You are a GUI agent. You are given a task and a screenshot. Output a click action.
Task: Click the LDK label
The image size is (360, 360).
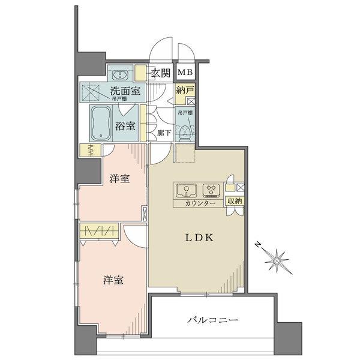coord(196,238)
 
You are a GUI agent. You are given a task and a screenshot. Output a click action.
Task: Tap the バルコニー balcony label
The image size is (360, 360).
coord(213,321)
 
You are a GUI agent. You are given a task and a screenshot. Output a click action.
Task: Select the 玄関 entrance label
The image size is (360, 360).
coord(160,74)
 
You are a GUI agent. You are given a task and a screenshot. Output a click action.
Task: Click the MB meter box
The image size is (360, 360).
coord(184,73)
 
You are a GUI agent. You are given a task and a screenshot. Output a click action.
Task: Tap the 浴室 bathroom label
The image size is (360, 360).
coord(126,127)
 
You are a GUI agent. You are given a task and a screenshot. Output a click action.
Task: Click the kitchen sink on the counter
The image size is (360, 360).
coord(187,190)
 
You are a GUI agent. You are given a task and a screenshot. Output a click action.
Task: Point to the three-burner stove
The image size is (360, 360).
coord(211,190)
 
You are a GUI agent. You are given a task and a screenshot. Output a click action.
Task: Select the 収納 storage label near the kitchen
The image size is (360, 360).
coord(235,202)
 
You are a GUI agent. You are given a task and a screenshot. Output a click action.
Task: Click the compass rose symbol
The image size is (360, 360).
coord(278,260)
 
